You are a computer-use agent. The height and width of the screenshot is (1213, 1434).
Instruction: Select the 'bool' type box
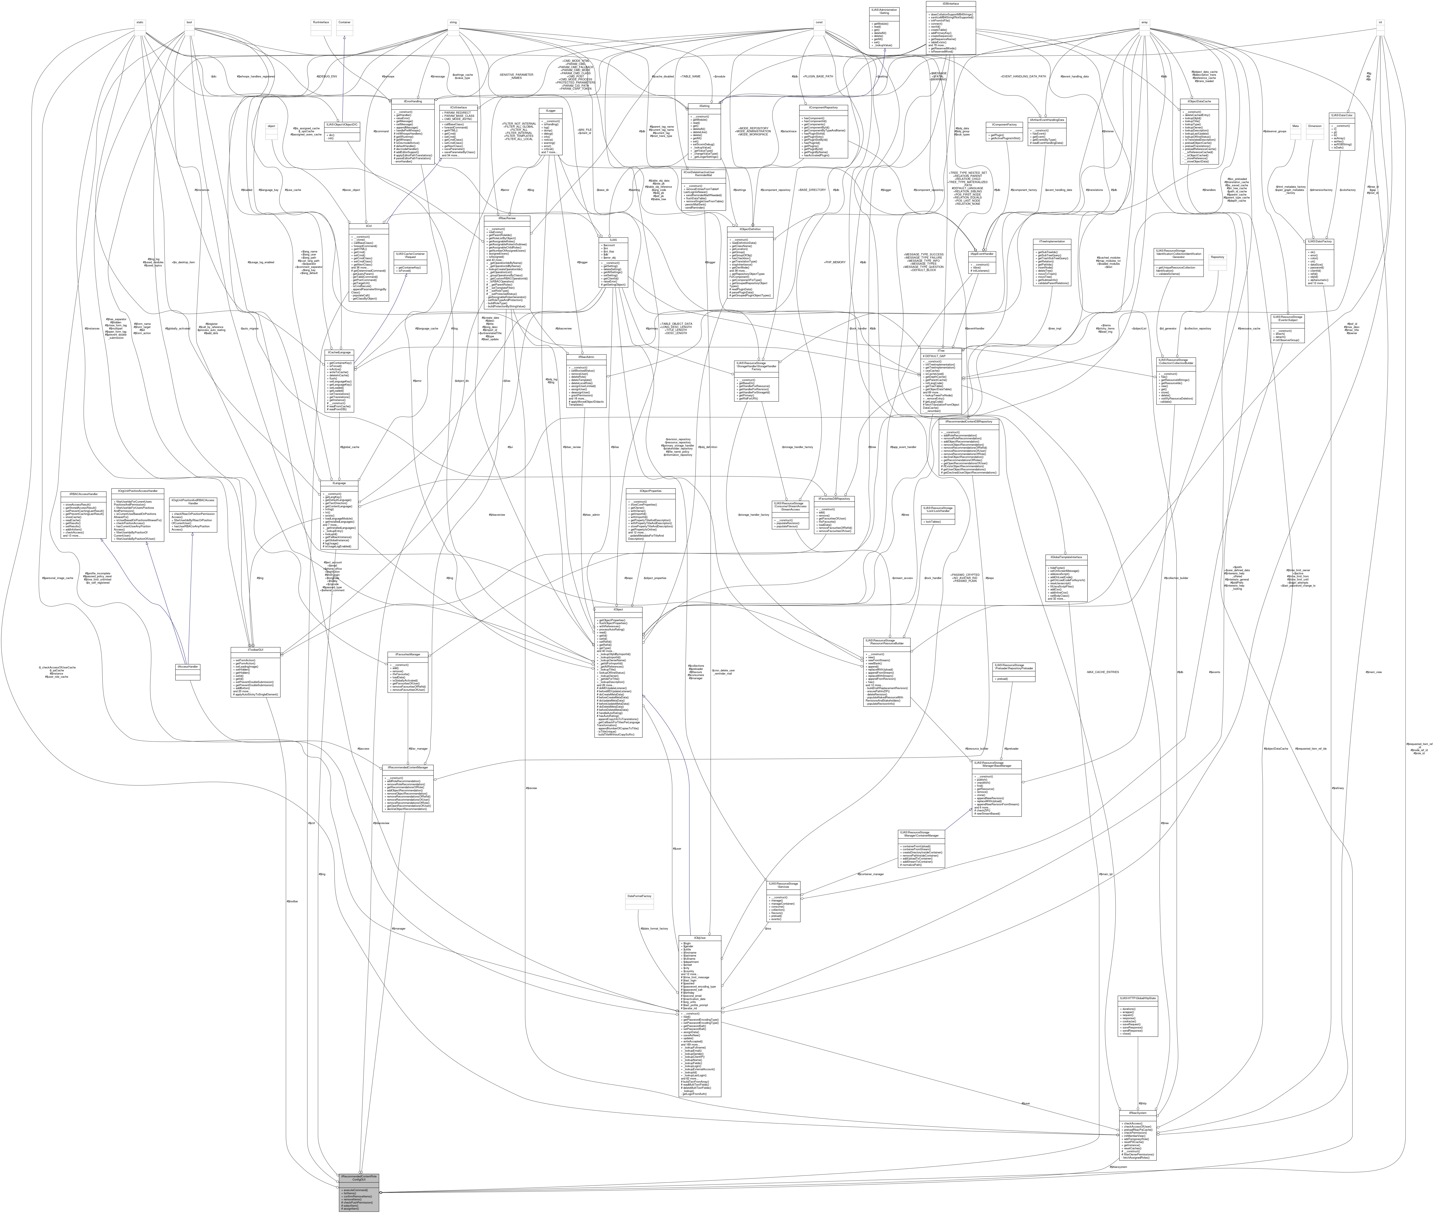[189, 22]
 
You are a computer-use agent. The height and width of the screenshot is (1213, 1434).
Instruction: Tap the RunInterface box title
[321, 22]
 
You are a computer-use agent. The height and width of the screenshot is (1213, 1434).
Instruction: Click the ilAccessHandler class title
[188, 667]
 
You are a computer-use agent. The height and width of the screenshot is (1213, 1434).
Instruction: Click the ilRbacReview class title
[507, 218]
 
